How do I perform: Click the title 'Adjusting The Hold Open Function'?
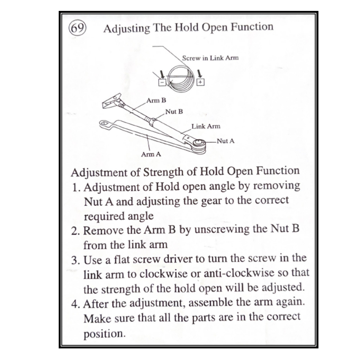click(188, 28)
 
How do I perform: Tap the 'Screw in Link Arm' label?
click(210, 58)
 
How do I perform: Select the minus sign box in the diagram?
click(162, 82)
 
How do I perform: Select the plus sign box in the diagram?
click(200, 82)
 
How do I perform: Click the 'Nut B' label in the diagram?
click(174, 112)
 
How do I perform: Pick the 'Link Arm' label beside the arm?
click(206, 126)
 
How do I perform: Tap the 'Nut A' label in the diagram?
click(225, 141)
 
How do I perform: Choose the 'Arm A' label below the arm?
click(151, 154)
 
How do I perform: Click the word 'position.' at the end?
click(104, 333)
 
